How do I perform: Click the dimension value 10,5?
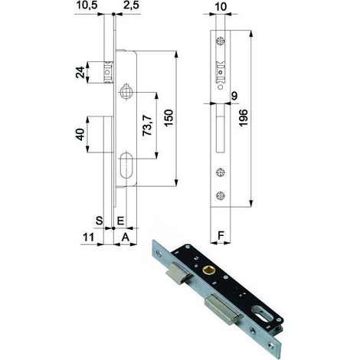[x=87, y=5]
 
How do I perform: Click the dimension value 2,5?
[x=131, y=5]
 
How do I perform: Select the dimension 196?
[x=244, y=117]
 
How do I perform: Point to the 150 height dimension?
[x=169, y=118]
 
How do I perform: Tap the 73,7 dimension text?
[x=147, y=125]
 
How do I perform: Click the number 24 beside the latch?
[x=80, y=72]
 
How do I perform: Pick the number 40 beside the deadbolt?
[x=80, y=135]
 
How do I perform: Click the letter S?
[x=100, y=221]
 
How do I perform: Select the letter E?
[x=120, y=221]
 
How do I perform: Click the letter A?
[x=126, y=237]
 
